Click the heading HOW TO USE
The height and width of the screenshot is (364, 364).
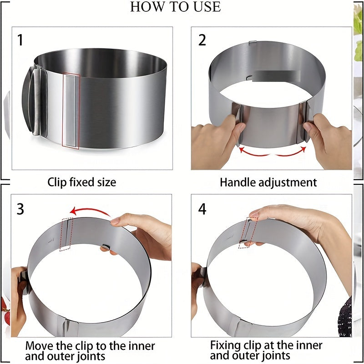click(175, 7)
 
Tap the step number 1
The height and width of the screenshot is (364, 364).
click(20, 40)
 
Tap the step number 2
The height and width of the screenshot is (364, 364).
click(202, 40)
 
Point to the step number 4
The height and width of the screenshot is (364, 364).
click(202, 209)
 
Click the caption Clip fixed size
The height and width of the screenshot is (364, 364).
click(82, 182)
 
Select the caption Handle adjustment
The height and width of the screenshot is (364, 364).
click(268, 182)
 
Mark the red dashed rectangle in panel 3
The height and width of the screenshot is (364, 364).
click(66, 234)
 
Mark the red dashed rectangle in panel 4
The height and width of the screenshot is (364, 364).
click(248, 232)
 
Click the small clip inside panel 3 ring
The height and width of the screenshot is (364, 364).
click(106, 247)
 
